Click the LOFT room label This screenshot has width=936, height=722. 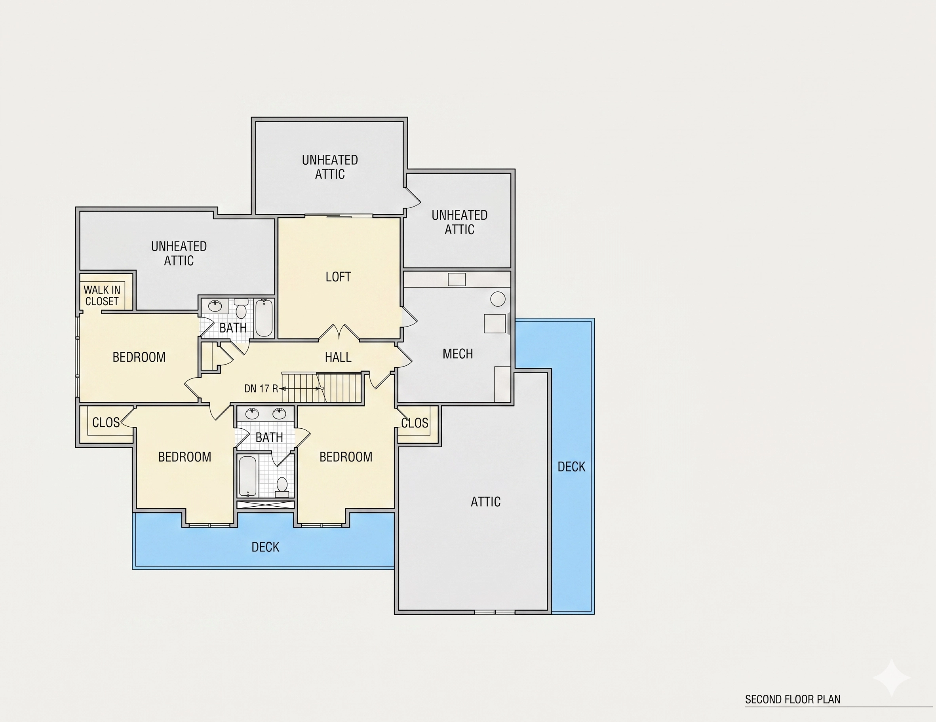tap(338, 277)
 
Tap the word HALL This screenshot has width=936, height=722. tap(338, 357)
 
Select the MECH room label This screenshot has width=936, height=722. tap(458, 354)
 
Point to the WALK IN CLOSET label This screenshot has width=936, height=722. tap(102, 296)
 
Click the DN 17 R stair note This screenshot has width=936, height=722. tap(261, 389)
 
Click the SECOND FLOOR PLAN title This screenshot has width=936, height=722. tap(792, 699)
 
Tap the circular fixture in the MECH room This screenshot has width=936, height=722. tap(498, 298)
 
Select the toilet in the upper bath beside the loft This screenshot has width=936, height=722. tap(241, 308)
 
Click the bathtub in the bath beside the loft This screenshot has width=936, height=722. tap(264, 318)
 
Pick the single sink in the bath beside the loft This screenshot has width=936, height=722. tap(215, 306)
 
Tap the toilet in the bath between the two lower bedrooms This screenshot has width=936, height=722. tap(282, 487)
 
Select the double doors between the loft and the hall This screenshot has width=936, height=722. tap(339, 332)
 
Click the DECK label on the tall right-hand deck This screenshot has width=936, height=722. tap(571, 467)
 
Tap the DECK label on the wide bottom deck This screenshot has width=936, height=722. tap(265, 547)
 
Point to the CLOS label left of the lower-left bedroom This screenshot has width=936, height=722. tap(106, 422)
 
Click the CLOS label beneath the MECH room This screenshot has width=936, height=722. tap(415, 424)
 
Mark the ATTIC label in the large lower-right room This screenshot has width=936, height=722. tap(485, 502)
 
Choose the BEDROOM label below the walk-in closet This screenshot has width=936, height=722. tap(139, 357)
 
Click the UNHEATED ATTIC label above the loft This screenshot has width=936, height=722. tap(330, 167)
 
